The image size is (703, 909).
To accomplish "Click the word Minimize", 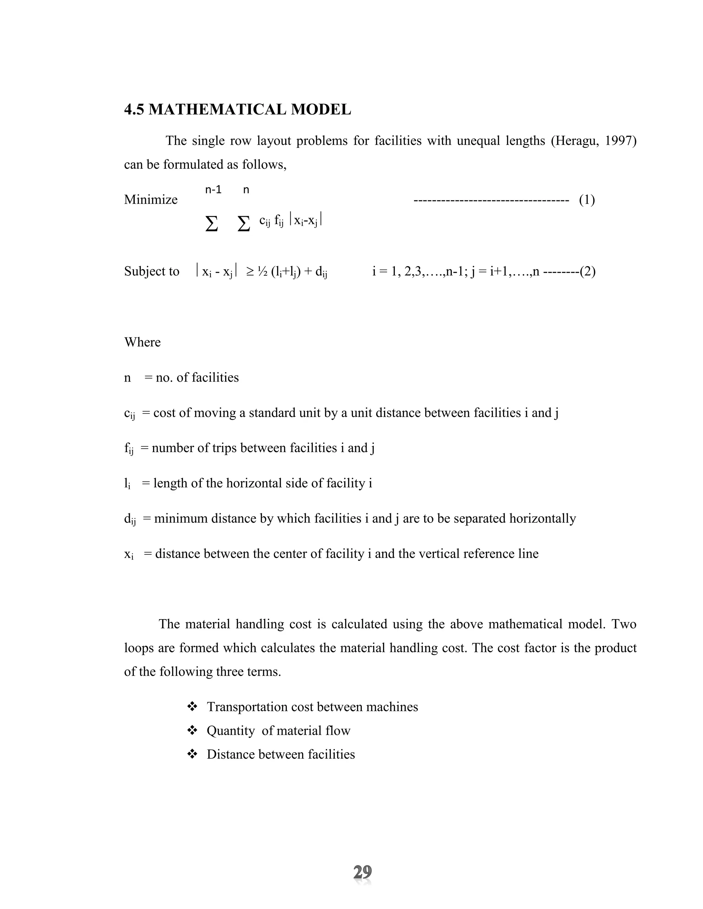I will pyautogui.click(x=151, y=200).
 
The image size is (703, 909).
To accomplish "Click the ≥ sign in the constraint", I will pyautogui.click(x=250, y=272).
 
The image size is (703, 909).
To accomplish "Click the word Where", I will pyautogui.click(x=142, y=342).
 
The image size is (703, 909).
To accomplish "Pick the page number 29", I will pyautogui.click(x=362, y=872).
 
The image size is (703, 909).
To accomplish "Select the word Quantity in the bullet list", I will pyautogui.click(x=231, y=730).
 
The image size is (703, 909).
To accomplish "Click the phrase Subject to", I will pyautogui.click(x=152, y=272).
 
